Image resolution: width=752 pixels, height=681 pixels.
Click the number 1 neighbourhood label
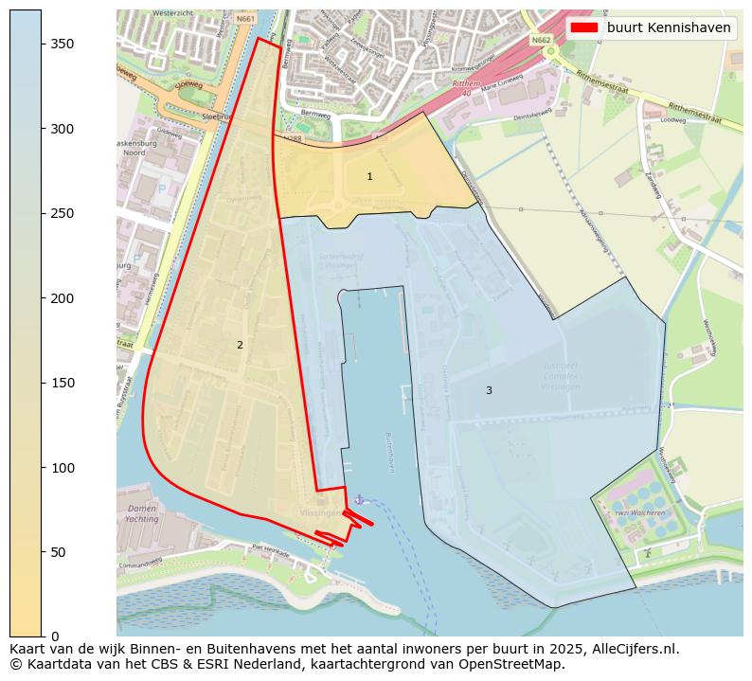click(x=369, y=176)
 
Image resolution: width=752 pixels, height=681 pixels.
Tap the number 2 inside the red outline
click(x=240, y=345)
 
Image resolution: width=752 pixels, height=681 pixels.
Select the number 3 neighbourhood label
click(x=489, y=390)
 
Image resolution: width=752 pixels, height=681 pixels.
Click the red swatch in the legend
click(x=584, y=27)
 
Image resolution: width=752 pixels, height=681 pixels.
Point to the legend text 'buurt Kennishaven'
click(x=669, y=27)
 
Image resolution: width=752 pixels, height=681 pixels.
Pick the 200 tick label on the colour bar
click(x=62, y=297)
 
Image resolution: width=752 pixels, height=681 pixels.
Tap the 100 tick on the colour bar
click(x=62, y=467)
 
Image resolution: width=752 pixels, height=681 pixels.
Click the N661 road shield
click(x=246, y=19)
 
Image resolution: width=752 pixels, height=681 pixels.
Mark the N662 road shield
click(x=541, y=41)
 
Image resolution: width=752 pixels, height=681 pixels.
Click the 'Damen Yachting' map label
click(x=142, y=513)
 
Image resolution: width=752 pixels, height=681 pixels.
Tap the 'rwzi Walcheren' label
click(x=639, y=511)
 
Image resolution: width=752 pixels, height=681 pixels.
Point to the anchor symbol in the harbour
click(x=358, y=499)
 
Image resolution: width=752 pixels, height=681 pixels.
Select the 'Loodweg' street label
click(x=672, y=120)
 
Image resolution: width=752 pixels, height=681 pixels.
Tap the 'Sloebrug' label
click(x=217, y=116)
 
